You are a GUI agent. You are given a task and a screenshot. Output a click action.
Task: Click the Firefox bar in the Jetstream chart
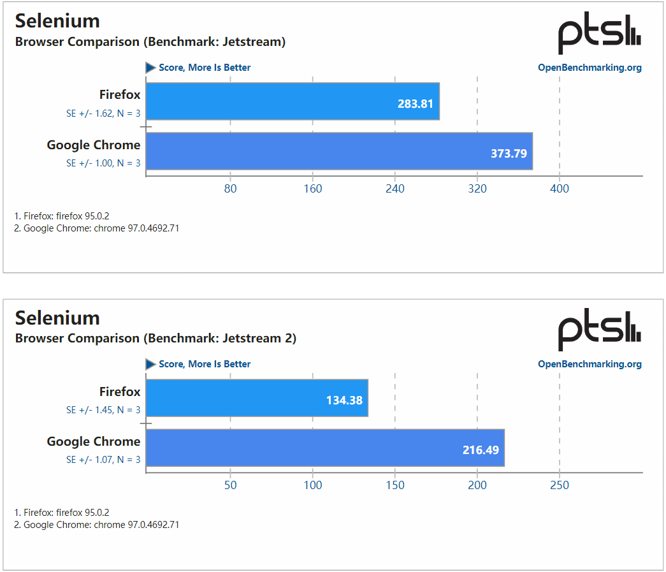pos(293,101)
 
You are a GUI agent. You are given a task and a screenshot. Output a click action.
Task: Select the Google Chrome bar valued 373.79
pos(339,151)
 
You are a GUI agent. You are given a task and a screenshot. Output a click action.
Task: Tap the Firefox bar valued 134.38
pos(257,398)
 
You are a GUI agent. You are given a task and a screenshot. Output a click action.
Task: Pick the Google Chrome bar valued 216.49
pos(325,448)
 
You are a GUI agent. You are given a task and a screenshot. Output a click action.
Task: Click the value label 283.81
pos(416,103)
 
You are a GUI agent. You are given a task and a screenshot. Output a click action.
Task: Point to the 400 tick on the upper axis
pos(560,189)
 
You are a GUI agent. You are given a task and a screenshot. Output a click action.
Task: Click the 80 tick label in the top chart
pos(231,189)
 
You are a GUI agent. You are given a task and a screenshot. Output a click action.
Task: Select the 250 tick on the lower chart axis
pos(560,485)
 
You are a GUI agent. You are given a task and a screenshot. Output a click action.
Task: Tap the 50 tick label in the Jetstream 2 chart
pos(231,485)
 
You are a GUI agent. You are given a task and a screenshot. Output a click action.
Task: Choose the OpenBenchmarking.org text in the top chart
pos(590,68)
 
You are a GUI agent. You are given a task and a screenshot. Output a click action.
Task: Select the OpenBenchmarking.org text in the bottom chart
pos(590,364)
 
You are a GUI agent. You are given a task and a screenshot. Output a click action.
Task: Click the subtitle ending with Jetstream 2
pos(156,339)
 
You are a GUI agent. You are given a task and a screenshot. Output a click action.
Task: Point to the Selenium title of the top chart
pos(57,21)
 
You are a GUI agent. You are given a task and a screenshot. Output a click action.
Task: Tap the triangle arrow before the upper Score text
pos(150,68)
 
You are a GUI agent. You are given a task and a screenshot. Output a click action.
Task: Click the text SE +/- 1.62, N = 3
pos(103,114)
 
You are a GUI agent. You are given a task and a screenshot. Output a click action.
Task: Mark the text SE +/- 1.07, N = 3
pos(103,460)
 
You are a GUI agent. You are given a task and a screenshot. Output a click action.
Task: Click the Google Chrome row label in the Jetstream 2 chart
pos(94,441)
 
